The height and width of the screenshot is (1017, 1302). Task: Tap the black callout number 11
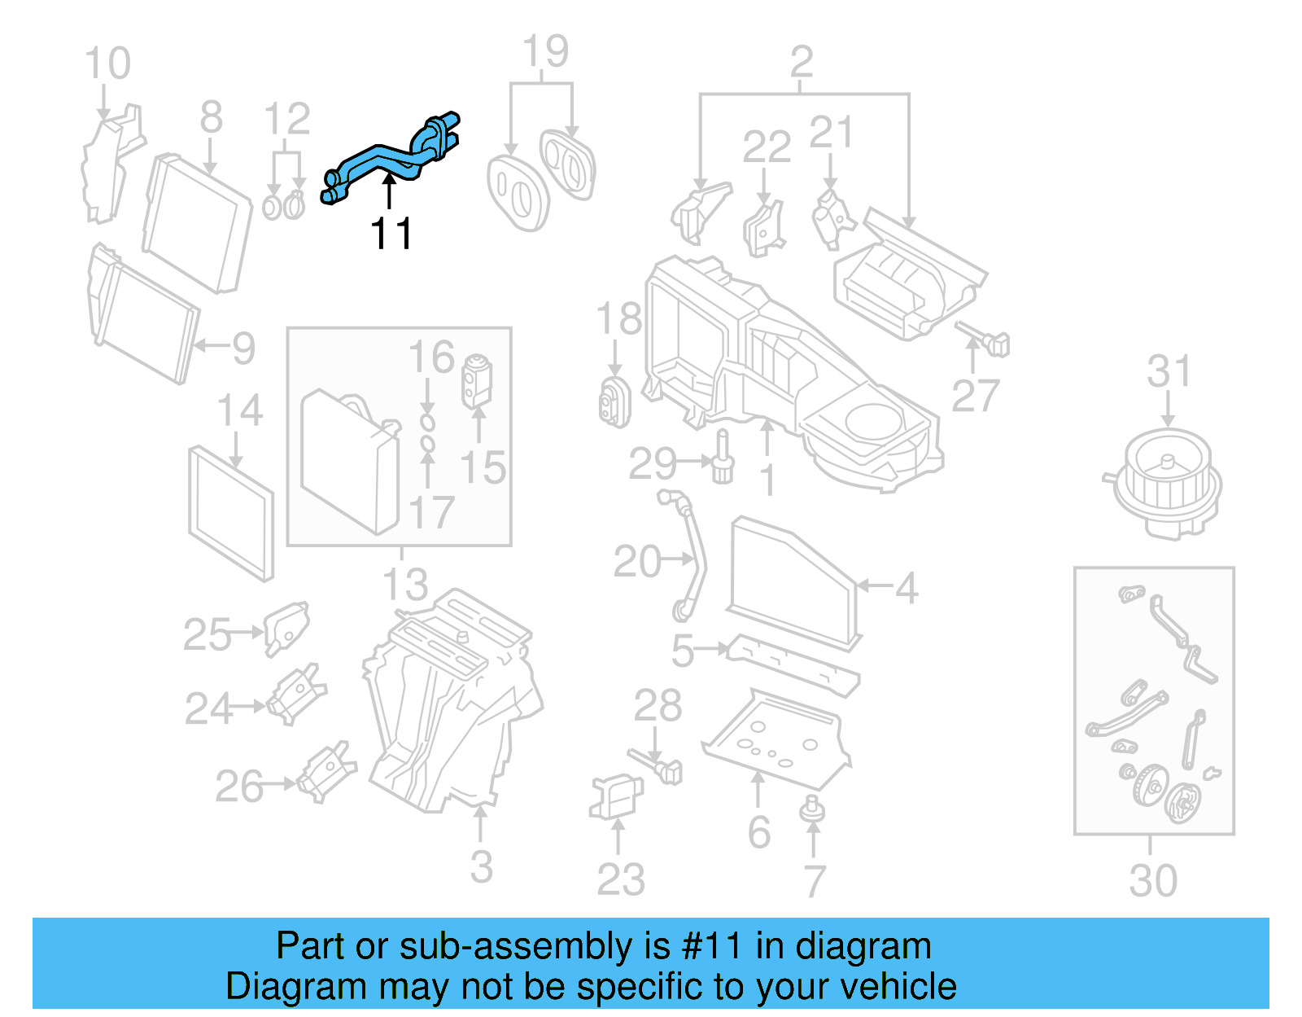point(391,234)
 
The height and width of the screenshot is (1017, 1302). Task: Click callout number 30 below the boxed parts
point(1152,881)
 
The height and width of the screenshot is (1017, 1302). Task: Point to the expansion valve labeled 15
point(477,380)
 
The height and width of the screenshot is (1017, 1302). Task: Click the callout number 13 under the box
point(404,584)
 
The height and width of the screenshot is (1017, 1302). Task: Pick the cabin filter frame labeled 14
point(231,513)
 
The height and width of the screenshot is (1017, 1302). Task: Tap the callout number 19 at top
point(544,52)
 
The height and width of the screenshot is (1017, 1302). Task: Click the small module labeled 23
point(616,796)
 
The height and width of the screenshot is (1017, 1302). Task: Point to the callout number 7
point(815,881)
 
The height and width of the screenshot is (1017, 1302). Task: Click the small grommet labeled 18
point(614,402)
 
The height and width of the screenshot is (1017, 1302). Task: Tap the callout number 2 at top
point(801,62)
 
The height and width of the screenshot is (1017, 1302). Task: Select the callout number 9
point(243,348)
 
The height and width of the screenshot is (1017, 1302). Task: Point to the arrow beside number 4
point(874,585)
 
